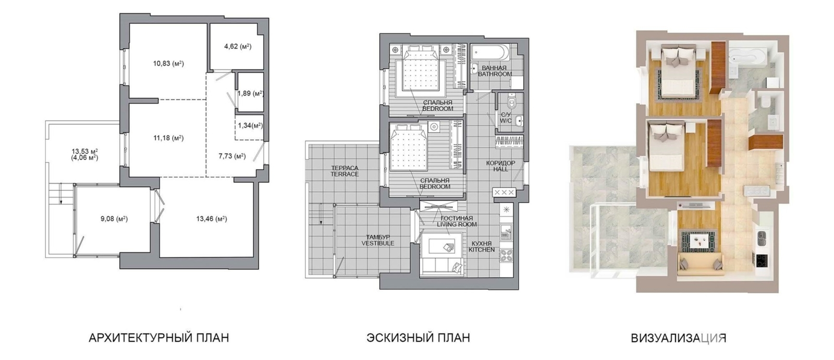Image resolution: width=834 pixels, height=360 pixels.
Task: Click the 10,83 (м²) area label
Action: tap(168, 64)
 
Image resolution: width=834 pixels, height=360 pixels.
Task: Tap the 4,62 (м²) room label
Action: tap(238, 46)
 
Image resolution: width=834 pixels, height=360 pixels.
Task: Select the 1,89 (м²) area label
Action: tap(251, 93)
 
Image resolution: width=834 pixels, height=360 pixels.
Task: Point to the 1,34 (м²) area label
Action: tap(250, 126)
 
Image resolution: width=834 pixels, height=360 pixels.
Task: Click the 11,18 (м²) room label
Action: tap(168, 138)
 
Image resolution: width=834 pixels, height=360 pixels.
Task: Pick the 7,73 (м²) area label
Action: tap(232, 156)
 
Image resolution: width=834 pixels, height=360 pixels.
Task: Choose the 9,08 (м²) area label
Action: tap(114, 219)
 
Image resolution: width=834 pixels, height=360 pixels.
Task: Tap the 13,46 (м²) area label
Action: tap(212, 219)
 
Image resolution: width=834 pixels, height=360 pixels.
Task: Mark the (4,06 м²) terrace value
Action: tap(85, 158)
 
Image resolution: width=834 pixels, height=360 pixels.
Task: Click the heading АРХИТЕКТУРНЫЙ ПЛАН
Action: tap(159, 338)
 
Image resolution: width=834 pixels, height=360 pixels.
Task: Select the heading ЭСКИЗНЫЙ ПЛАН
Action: tap(418, 338)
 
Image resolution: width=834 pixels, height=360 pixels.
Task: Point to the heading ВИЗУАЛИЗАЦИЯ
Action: tap(679, 338)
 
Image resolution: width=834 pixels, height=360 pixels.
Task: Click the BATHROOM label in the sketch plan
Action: tap(495, 74)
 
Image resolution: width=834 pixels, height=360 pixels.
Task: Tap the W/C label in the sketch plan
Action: tap(506, 121)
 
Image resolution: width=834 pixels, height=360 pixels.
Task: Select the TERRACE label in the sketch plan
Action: tap(345, 174)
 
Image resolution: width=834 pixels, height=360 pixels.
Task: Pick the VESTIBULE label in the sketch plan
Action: tap(378, 243)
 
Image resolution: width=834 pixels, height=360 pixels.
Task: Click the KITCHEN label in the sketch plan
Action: tap(482, 250)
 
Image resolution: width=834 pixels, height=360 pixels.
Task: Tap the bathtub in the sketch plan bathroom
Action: tap(489, 53)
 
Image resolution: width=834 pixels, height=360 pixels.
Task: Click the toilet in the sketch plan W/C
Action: tap(512, 101)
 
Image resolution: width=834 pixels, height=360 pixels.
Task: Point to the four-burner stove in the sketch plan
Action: tap(506, 255)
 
